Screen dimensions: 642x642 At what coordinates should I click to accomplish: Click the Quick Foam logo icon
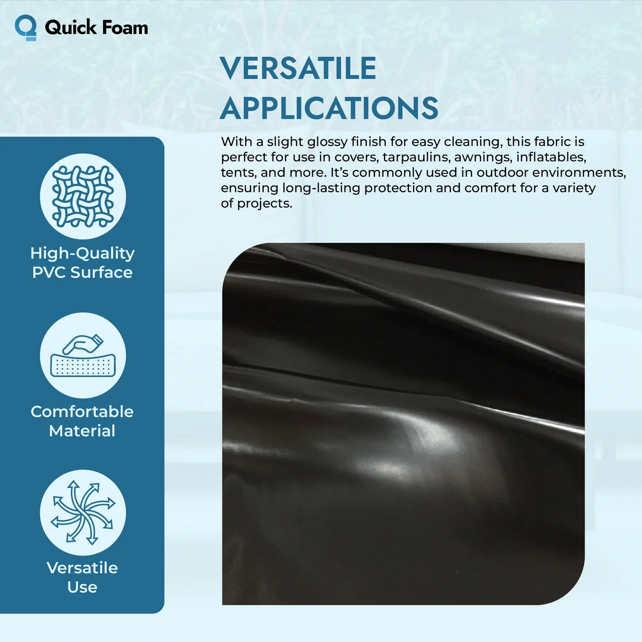(x=26, y=28)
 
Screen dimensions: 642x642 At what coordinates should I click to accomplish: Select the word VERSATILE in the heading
(x=298, y=68)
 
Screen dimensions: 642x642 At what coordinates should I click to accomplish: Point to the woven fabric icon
(x=83, y=196)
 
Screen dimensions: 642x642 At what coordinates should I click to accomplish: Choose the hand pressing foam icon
(x=83, y=355)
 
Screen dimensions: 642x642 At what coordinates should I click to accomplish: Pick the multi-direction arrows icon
(x=83, y=512)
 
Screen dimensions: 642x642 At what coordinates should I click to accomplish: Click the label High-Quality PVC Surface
(x=83, y=262)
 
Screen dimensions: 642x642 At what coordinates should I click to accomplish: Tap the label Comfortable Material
(x=82, y=421)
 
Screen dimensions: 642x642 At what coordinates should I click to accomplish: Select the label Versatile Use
(x=82, y=577)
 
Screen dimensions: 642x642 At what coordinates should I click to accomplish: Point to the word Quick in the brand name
(x=71, y=28)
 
